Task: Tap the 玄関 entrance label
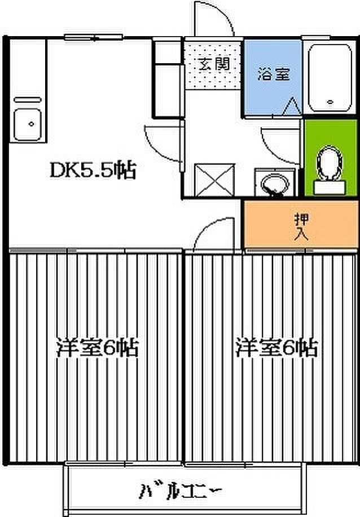pyautogui.click(x=214, y=64)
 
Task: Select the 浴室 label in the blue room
pyautogui.click(x=274, y=74)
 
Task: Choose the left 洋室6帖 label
pyautogui.click(x=97, y=348)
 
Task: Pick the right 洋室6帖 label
pyautogui.click(x=276, y=348)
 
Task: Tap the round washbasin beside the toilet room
pyautogui.click(x=274, y=185)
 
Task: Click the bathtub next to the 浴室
pyautogui.click(x=330, y=78)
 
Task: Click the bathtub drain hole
pyautogui.click(x=330, y=102)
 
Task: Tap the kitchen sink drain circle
pyautogui.click(x=32, y=124)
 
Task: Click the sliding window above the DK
pyautogui.click(x=94, y=37)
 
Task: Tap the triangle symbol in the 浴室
pyautogui.click(x=292, y=106)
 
